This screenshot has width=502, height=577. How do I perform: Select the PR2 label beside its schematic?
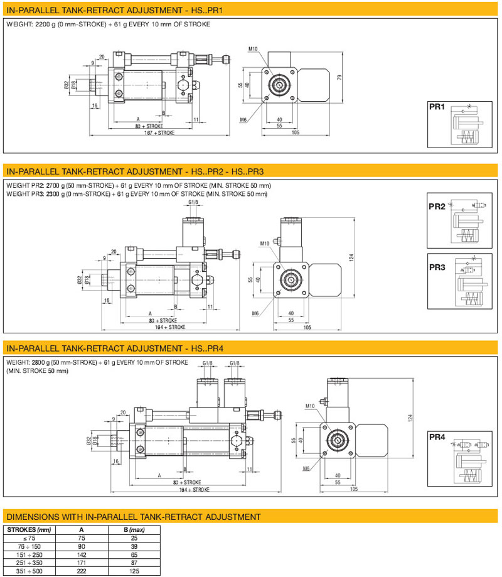(x=437, y=207)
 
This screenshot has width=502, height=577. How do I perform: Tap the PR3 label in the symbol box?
(x=437, y=267)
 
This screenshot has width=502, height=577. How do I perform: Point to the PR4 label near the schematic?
(x=437, y=437)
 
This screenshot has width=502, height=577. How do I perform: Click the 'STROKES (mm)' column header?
(x=30, y=529)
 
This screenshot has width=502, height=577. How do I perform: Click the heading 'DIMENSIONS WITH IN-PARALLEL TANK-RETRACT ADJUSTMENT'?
(x=132, y=517)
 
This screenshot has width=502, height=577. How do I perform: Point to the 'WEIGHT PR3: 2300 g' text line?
(x=137, y=193)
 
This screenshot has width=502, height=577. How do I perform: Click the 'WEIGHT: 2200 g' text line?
(x=108, y=24)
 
